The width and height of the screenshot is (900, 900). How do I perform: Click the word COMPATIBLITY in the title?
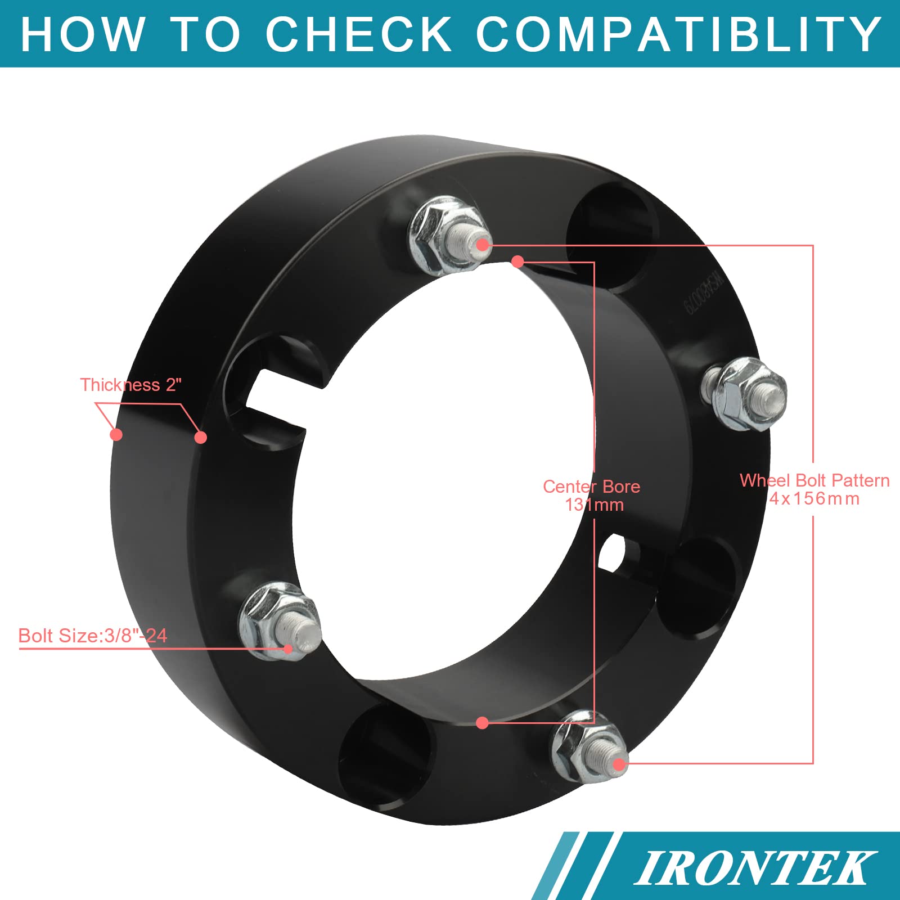coord(678,34)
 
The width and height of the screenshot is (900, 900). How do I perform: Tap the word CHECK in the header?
coord(358,34)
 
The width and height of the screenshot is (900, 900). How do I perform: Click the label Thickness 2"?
coord(130,385)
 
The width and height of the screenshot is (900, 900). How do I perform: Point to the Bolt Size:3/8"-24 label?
coord(93,636)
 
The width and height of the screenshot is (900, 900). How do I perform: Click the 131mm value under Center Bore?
coord(595,505)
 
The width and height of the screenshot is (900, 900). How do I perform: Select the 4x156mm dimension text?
coord(814,498)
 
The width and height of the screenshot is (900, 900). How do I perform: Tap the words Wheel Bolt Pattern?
coord(814,480)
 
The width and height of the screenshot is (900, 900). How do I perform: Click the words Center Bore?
coord(591,487)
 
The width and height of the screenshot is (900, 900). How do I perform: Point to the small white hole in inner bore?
coord(611,551)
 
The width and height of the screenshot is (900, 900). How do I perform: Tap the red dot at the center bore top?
coord(518,262)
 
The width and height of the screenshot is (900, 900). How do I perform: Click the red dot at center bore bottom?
coord(482,723)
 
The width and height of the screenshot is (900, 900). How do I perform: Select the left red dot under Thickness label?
coord(116,434)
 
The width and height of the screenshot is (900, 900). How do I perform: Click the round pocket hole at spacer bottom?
coord(388,754)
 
